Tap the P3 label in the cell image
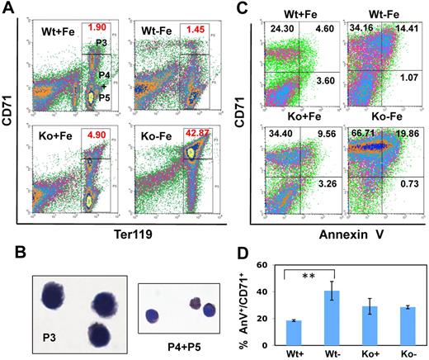point(49,337)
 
